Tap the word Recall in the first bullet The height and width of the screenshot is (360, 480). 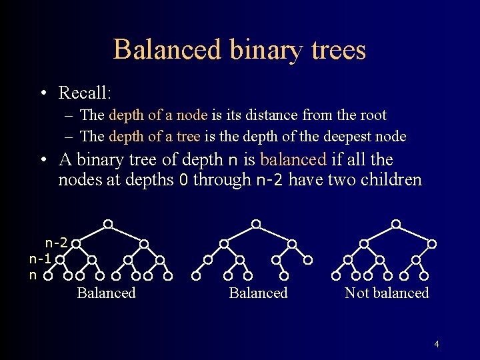pyautogui.click(x=83, y=92)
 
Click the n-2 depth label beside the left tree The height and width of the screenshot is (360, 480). pyautogui.click(x=56, y=243)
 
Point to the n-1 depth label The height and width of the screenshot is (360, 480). pyautogui.click(x=41, y=258)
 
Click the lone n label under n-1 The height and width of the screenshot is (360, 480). pyautogui.click(x=33, y=274)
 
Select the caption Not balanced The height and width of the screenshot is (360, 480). pyautogui.click(x=387, y=293)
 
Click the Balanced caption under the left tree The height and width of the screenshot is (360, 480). pyautogui.click(x=106, y=293)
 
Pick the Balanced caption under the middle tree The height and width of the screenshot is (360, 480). pyautogui.click(x=258, y=293)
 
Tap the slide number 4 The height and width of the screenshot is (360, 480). pyautogui.click(x=437, y=345)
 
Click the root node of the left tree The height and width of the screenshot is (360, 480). pyautogui.click(x=108, y=223)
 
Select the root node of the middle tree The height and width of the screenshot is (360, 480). pyautogui.click(x=256, y=223)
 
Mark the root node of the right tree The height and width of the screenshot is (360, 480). pyautogui.click(x=396, y=223)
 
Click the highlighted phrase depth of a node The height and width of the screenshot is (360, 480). pyautogui.click(x=158, y=115)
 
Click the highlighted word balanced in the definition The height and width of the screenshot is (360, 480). pyautogui.click(x=293, y=160)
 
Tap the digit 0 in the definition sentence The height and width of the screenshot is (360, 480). pyautogui.click(x=184, y=180)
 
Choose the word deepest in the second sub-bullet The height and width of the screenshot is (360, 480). pyautogui.click(x=346, y=136)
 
